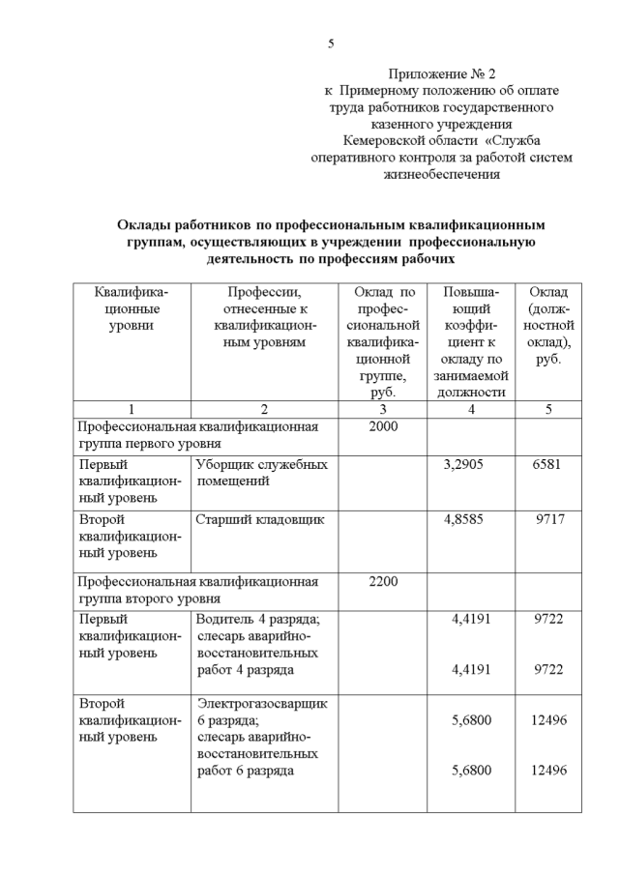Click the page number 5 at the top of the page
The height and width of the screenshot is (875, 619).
pyautogui.click(x=331, y=44)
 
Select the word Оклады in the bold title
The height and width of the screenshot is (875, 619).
pyautogui.click(x=148, y=225)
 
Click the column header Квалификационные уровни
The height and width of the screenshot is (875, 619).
pyautogui.click(x=131, y=308)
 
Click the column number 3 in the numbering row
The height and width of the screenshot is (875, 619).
pyautogui.click(x=383, y=409)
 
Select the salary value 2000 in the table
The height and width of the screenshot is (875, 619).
pyautogui.click(x=383, y=425)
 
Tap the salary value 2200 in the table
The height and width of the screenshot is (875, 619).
pyautogui.click(x=383, y=582)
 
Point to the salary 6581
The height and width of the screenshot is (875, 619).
pyautogui.click(x=547, y=465)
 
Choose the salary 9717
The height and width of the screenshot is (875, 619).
pyautogui.click(x=549, y=520)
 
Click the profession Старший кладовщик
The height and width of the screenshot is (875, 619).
pyautogui.click(x=260, y=520)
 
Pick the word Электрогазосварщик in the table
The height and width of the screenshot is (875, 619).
pyautogui.click(x=262, y=704)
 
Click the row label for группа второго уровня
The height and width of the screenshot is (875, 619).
pyautogui.click(x=149, y=598)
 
